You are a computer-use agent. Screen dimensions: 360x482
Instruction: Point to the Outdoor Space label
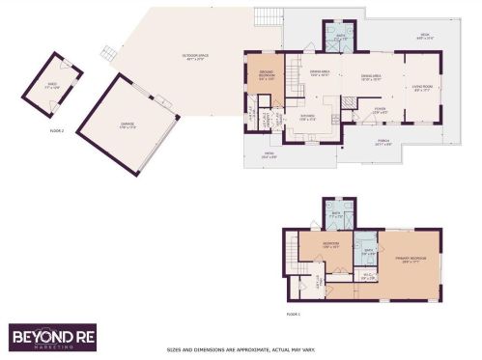point(196,59)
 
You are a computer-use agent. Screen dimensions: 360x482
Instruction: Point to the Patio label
point(268,154)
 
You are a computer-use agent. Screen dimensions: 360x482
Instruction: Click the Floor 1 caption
point(294,315)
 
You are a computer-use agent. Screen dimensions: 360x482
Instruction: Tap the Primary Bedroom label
point(409,259)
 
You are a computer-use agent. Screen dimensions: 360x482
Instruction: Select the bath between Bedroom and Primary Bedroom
point(367,253)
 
